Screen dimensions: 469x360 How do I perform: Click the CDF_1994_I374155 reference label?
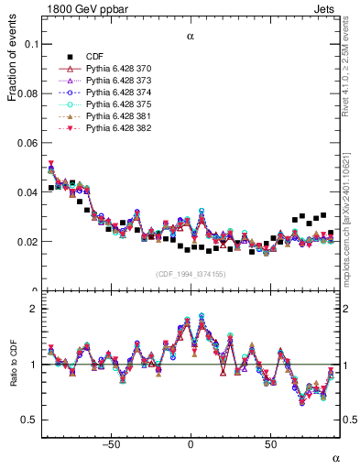tap(190, 275)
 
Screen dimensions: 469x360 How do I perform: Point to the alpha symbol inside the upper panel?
tap(191, 38)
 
